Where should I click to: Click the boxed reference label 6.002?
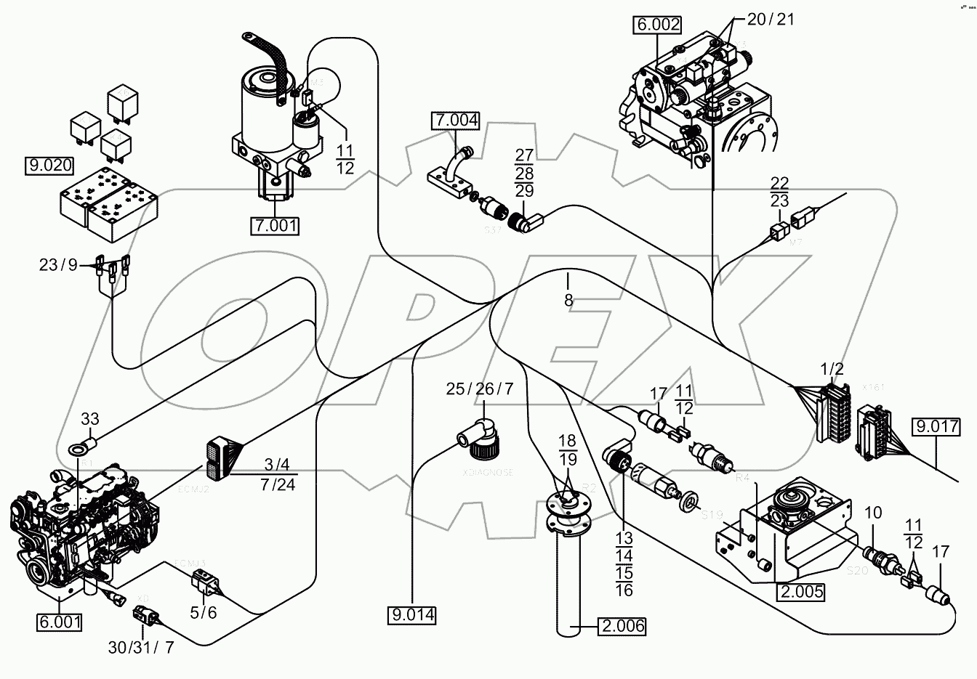coord(658,25)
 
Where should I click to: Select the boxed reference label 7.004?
coord(456,121)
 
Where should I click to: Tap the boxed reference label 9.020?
coord(49,166)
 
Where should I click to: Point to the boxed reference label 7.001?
coord(275,226)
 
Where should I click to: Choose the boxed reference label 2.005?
coord(800,591)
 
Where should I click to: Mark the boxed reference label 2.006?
coord(622,625)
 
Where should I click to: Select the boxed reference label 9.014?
coord(411,616)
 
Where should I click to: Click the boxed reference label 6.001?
coord(59,622)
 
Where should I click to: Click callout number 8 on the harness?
coord(568,299)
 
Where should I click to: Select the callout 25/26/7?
coord(480,389)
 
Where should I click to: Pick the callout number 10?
coord(873,513)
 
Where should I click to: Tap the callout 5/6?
coord(203,612)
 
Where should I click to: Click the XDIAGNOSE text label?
coord(488,472)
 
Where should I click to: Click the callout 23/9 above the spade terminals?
coord(58,266)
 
